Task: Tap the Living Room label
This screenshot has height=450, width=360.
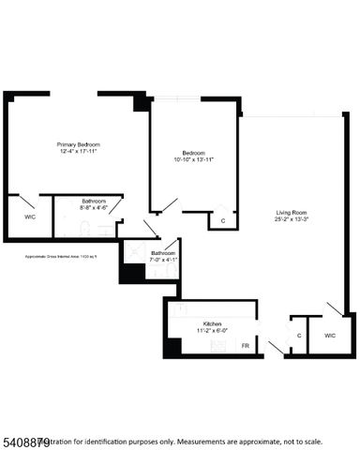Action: click(x=291, y=213)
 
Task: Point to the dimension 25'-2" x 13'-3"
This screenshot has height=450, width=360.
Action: click(x=291, y=220)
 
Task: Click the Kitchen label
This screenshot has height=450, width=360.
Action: click(x=213, y=323)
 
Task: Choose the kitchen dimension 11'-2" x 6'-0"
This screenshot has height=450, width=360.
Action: click(x=213, y=331)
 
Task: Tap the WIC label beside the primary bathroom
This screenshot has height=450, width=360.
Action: click(x=29, y=217)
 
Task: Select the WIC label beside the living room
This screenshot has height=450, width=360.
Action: click(x=330, y=335)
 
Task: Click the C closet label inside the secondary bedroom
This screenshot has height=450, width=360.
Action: click(x=222, y=221)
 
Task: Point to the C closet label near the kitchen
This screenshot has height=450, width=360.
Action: click(x=299, y=335)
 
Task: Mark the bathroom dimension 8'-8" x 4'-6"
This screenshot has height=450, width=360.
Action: click(x=94, y=208)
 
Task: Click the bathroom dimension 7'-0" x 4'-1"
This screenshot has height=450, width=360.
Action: click(x=164, y=260)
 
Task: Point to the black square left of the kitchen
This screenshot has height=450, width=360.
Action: click(x=172, y=346)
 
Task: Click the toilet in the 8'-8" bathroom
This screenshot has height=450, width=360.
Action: click(x=84, y=228)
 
